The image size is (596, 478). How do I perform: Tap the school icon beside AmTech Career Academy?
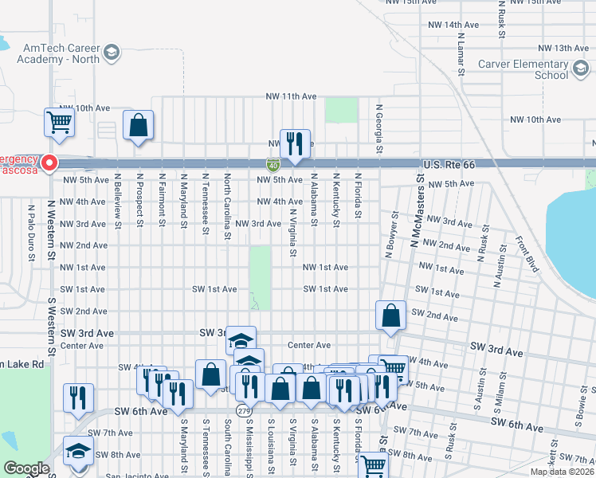112,53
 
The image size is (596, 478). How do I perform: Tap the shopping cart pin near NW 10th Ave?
59,123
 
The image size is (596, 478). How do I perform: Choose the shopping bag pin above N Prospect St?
139,126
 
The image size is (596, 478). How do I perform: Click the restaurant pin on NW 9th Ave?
295,144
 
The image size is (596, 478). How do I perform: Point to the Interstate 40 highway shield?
273,164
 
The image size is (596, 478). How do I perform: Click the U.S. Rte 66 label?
449,164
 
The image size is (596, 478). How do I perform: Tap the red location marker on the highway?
49,163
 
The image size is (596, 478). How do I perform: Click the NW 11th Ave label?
291,96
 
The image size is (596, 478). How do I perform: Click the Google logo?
26,468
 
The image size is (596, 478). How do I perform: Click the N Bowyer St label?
390,235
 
